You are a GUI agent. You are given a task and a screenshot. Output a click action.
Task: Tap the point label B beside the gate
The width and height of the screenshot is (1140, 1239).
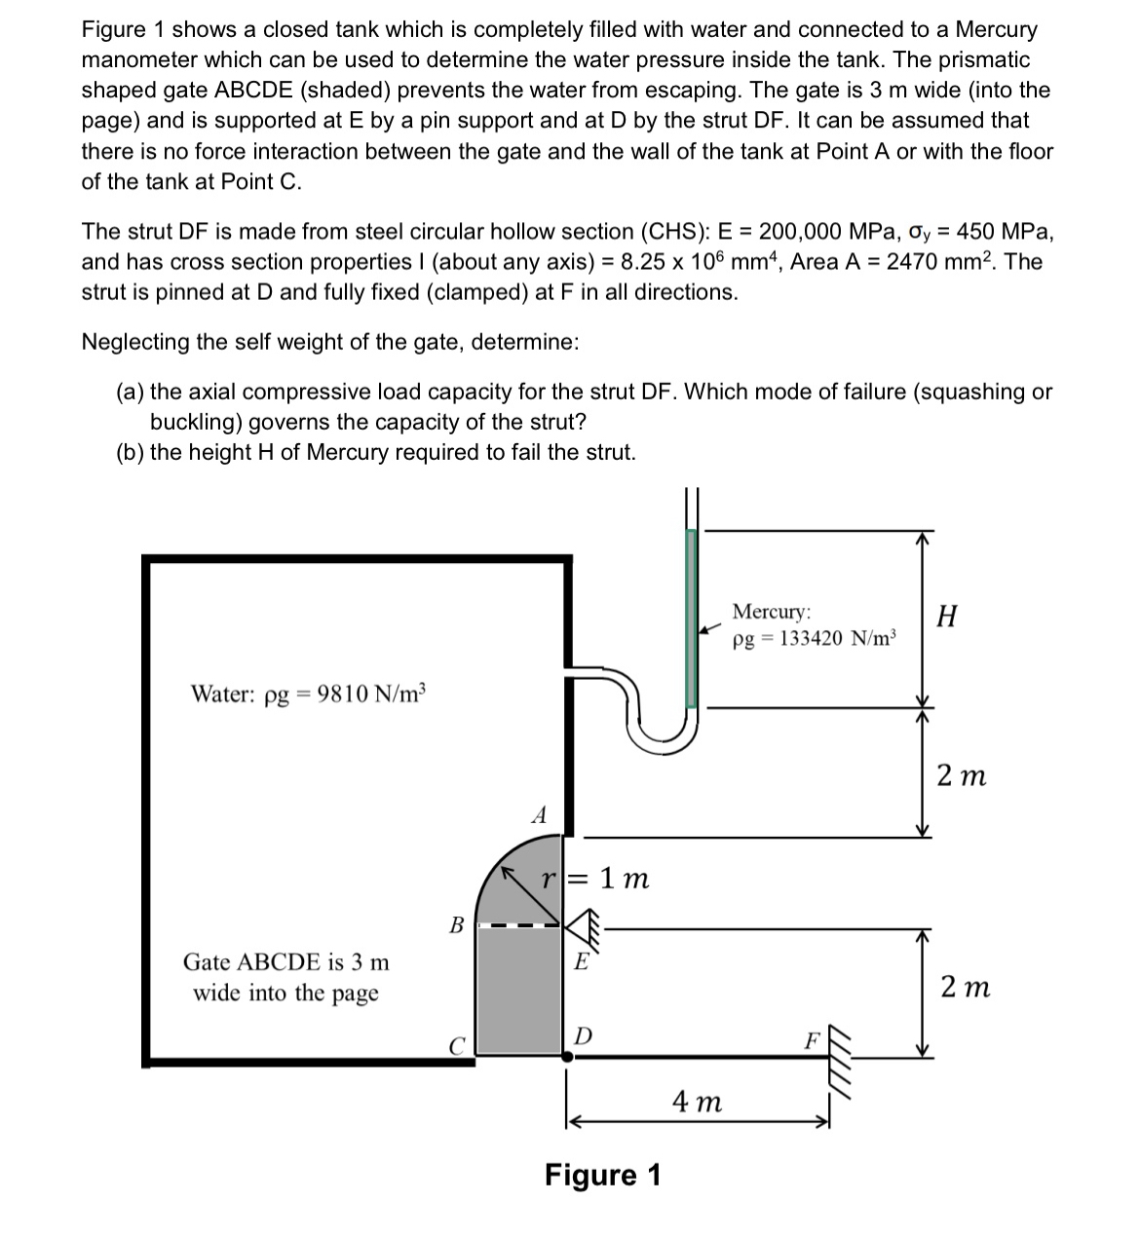pos(455,924)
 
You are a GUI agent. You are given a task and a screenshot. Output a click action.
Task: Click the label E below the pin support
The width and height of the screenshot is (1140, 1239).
pos(581,962)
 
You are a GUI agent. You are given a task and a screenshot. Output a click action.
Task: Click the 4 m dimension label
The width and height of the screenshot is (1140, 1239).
pos(698,1102)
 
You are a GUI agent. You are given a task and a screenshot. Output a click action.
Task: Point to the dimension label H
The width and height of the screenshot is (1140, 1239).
pos(945,616)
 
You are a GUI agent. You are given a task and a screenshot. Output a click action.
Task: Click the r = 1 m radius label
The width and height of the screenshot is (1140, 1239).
pos(596,879)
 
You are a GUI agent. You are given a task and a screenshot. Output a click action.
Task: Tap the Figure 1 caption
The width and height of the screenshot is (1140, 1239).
pos(602,1175)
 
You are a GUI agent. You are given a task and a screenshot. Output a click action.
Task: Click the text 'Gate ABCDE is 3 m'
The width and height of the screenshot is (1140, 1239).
pos(285,962)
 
